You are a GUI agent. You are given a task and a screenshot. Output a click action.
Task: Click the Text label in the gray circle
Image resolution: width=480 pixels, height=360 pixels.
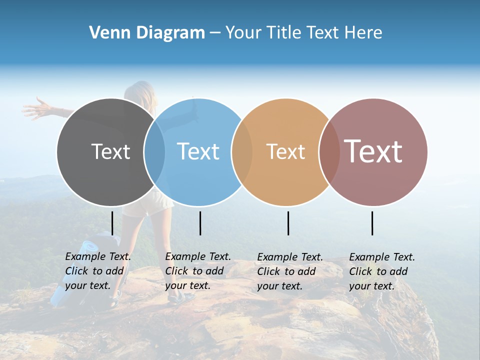tap(110, 151)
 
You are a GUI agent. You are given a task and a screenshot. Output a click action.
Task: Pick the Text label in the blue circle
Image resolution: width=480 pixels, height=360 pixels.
tap(198, 151)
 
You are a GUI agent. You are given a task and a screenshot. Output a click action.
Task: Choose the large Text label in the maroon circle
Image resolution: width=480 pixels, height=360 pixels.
tap(373, 151)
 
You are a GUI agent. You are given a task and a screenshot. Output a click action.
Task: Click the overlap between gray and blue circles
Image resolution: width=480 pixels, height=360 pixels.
tap(154, 152)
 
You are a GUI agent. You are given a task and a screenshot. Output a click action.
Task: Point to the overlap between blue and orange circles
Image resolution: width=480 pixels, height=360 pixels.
tap(242, 152)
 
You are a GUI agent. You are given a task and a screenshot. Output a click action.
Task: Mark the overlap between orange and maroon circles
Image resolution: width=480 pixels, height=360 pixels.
tap(329, 152)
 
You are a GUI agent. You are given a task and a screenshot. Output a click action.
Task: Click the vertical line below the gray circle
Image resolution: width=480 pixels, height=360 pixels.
tap(112, 223)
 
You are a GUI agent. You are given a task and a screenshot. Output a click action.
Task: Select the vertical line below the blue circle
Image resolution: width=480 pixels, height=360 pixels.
tap(200, 223)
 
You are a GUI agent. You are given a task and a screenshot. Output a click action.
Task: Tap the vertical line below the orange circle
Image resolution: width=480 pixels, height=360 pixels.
tap(288, 223)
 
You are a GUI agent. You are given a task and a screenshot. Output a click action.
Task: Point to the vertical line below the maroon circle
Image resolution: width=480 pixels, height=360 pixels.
tap(372, 223)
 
